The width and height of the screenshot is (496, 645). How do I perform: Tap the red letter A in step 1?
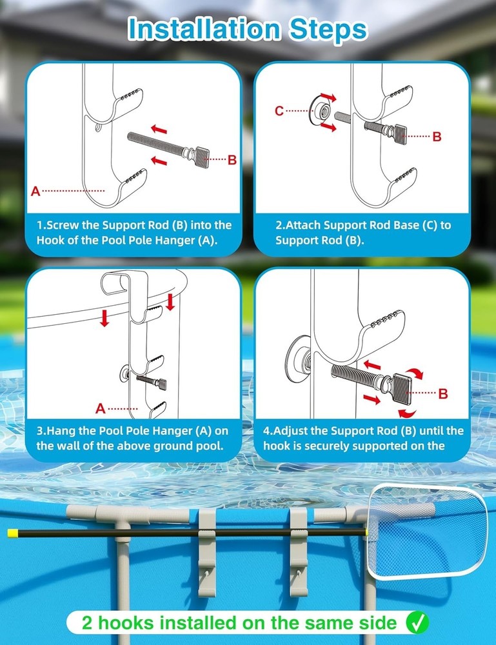coord(35,191)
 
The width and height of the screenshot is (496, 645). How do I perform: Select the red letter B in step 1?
coord(232,161)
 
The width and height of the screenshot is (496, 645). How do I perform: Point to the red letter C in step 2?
coord(279,111)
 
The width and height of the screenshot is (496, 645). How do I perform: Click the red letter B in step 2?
coord(437,137)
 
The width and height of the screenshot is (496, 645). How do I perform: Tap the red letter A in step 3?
coord(100,408)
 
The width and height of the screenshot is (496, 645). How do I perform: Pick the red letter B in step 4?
coord(442,393)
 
